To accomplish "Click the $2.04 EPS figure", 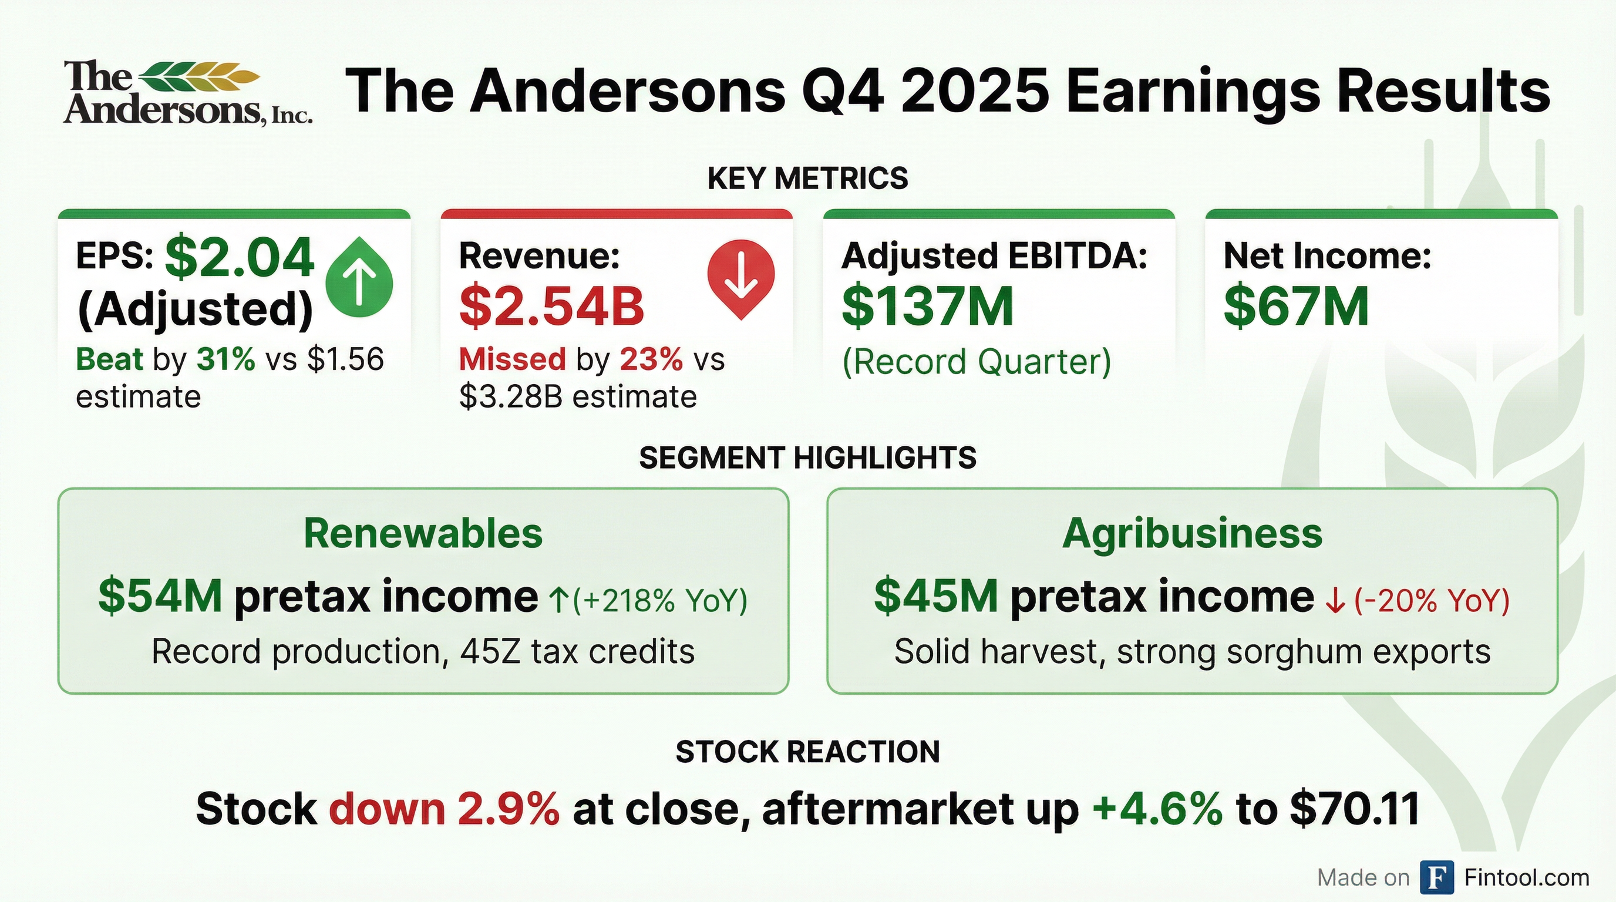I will point(239,257).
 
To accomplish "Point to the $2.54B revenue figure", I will point(551,306).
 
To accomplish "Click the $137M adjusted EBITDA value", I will point(927,306).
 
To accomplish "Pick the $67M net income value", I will point(1295,306).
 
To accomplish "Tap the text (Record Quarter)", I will point(976,361).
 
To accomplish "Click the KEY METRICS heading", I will point(807,178).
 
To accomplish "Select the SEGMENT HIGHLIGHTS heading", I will point(807,457).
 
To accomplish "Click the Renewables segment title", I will point(423,533).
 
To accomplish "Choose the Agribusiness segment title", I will point(1192,533).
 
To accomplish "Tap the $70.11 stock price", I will point(1355,809).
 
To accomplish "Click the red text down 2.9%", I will point(444,809).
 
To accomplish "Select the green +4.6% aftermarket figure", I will point(1157,809).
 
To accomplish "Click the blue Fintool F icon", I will point(1436,877).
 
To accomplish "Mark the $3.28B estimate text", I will point(577,396).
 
